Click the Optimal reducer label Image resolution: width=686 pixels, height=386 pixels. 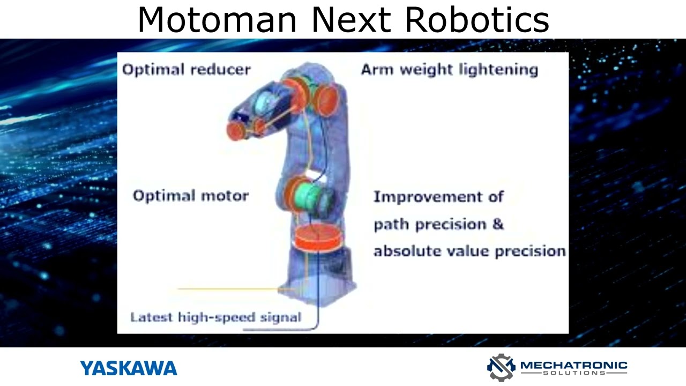pos(187,70)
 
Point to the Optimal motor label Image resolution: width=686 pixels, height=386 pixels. pos(191,196)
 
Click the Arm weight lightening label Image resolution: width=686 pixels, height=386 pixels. pos(449,70)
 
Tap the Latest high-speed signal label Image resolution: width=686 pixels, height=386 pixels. pos(215,317)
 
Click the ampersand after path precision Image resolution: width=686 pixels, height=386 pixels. pos(498,224)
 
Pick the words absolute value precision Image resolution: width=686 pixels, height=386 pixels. pos(469,251)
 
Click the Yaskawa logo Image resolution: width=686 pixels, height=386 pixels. pos(129,368)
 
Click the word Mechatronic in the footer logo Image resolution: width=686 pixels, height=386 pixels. pos(573,365)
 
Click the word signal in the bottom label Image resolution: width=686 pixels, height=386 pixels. pos(280,317)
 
